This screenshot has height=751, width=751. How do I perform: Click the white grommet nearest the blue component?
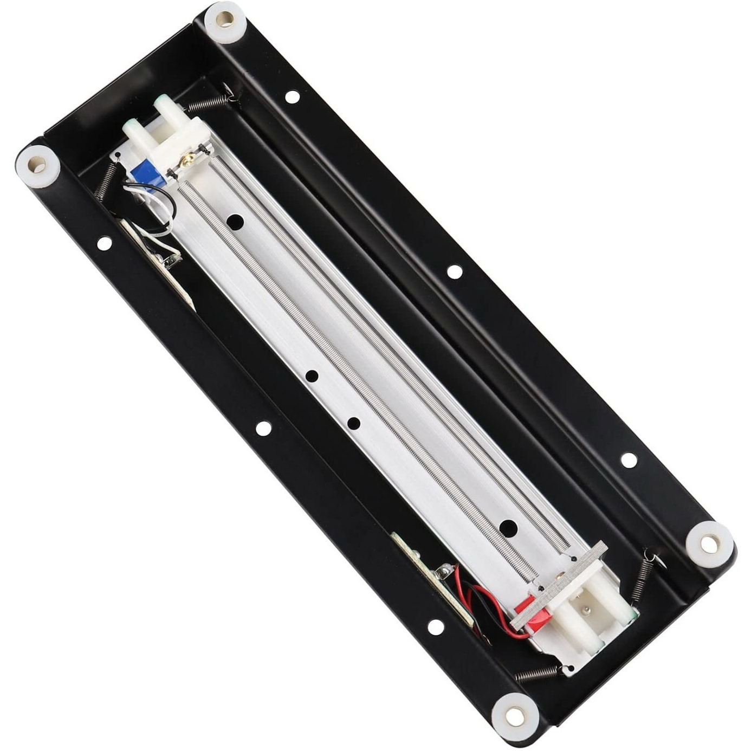[38, 161]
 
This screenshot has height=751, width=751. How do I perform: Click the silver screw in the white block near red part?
[588, 611]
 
